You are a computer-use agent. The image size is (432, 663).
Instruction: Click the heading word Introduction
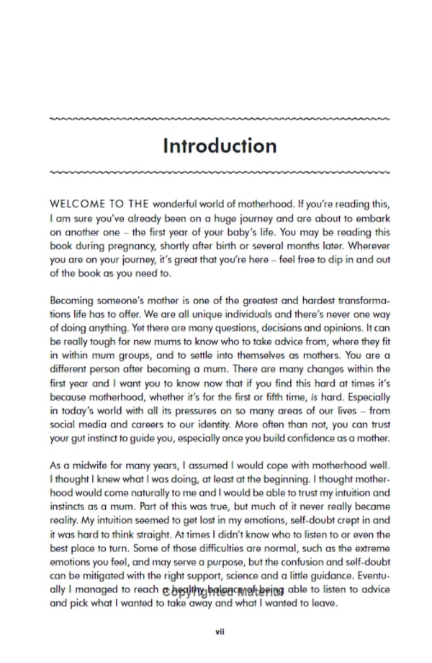[x=220, y=146]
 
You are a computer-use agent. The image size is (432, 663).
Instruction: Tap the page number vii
[x=220, y=632]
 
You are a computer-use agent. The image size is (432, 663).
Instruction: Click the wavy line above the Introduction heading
[x=220, y=118]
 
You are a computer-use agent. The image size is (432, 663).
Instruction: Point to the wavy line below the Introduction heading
[x=220, y=172]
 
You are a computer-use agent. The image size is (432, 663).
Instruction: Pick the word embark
[x=372, y=218]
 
